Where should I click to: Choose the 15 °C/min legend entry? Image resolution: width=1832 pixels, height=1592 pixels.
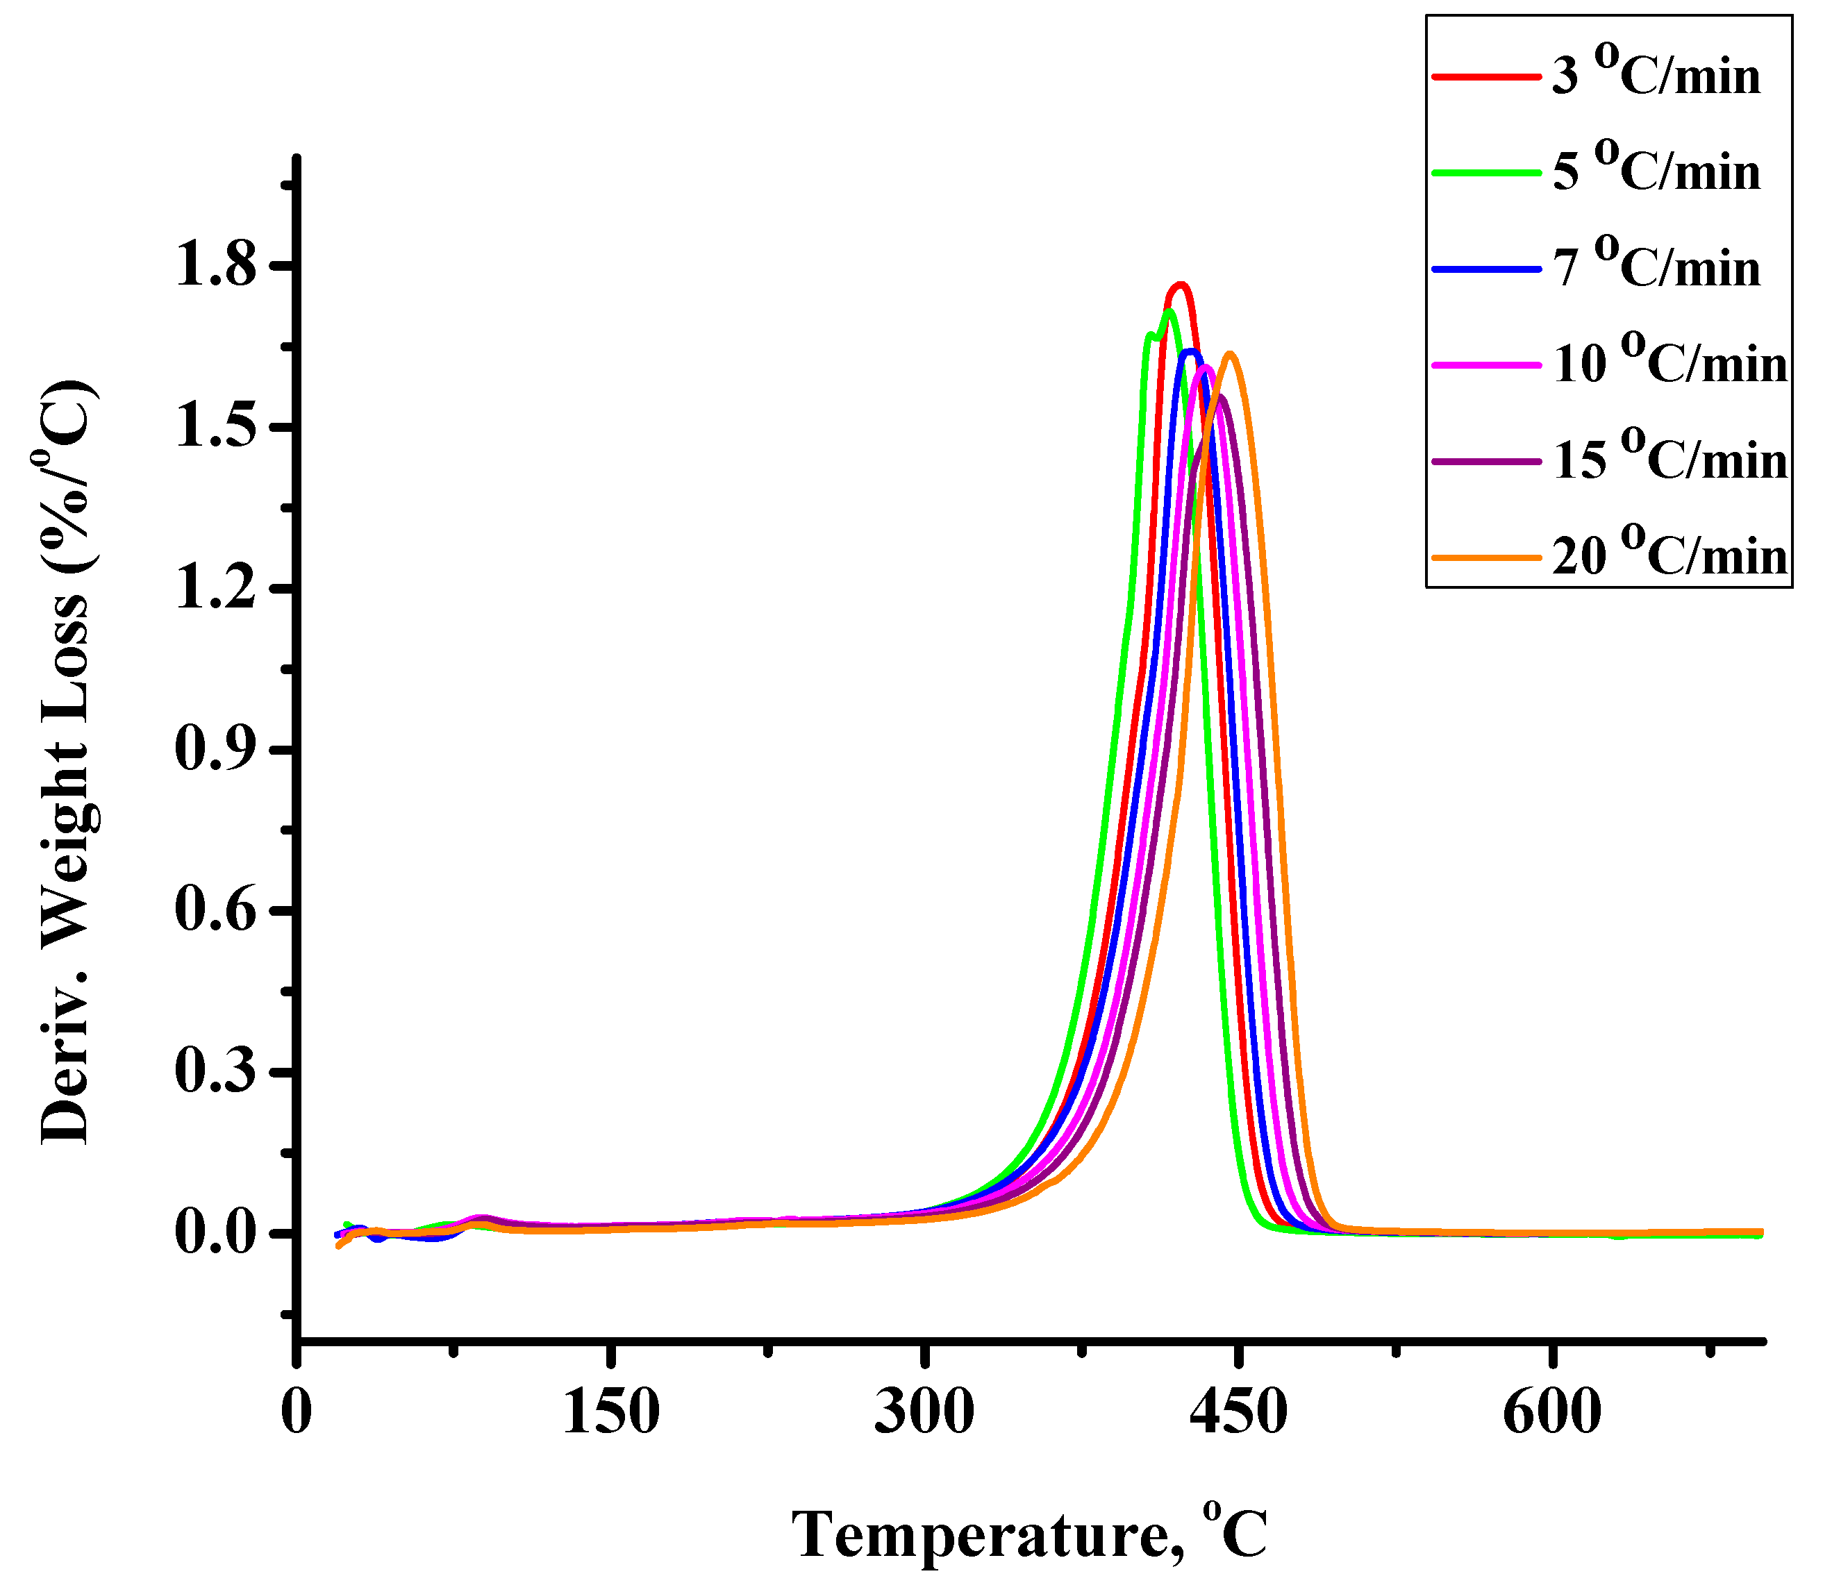click(1669, 460)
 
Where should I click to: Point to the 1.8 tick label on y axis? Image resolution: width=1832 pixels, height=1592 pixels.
click(216, 266)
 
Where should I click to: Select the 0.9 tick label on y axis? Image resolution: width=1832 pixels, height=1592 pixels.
click(216, 751)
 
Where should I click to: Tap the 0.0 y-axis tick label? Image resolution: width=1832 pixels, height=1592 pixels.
click(216, 1234)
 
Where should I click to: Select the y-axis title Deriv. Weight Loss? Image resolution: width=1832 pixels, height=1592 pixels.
click(67, 764)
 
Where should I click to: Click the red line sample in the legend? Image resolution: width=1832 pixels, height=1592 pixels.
click(1485, 77)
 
